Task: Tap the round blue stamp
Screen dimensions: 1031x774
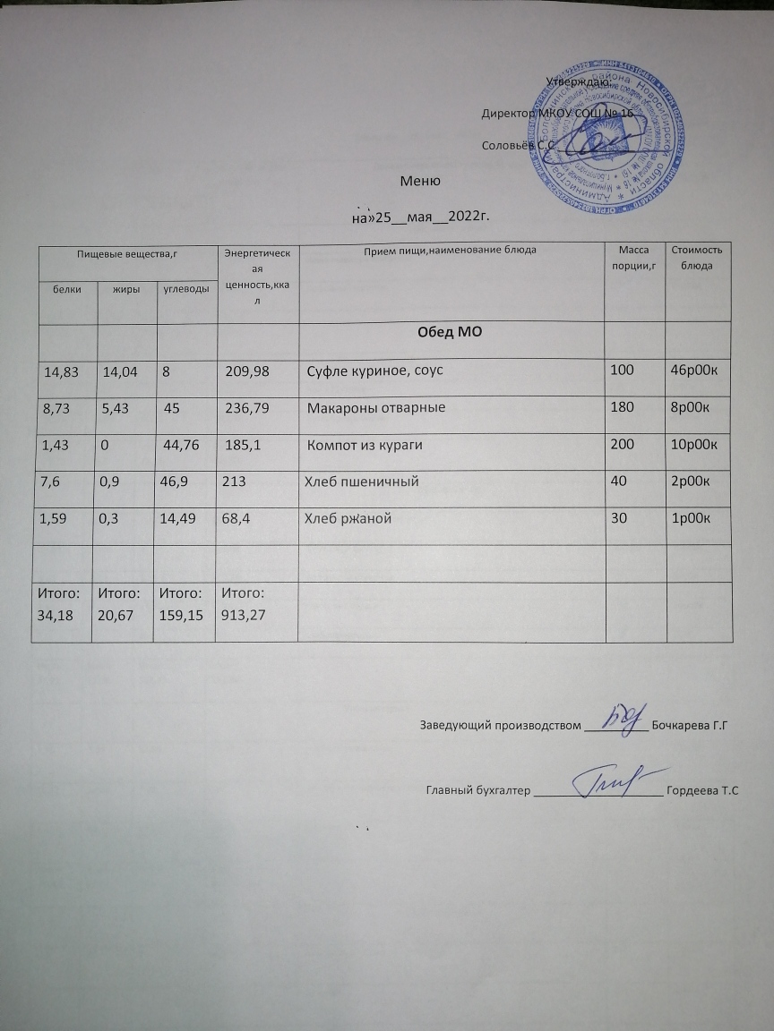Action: [x=608, y=132]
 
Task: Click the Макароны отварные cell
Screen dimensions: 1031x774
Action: [x=376, y=408]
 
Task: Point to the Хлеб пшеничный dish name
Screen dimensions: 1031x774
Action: [x=363, y=481]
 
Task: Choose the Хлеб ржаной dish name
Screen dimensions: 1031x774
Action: [x=348, y=518]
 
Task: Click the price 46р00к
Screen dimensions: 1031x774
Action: [x=696, y=371]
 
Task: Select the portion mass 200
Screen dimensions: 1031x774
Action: [x=620, y=445]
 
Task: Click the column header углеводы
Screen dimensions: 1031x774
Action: [x=186, y=289]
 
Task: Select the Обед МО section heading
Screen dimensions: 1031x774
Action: [x=451, y=334]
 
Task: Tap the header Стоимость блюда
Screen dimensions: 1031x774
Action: [x=697, y=258]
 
